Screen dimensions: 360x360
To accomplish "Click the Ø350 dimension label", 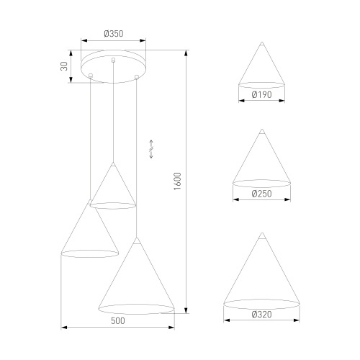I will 113,32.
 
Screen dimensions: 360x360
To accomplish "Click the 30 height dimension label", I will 64,66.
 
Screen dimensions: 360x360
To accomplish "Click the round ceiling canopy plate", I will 114,63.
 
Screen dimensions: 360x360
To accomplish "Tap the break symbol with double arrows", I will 151,149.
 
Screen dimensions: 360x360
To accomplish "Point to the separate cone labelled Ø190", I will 261,68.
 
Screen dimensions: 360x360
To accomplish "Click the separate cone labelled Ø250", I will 261,162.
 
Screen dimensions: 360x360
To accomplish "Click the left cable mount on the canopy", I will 90,76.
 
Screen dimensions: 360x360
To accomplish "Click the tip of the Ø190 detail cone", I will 261,41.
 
